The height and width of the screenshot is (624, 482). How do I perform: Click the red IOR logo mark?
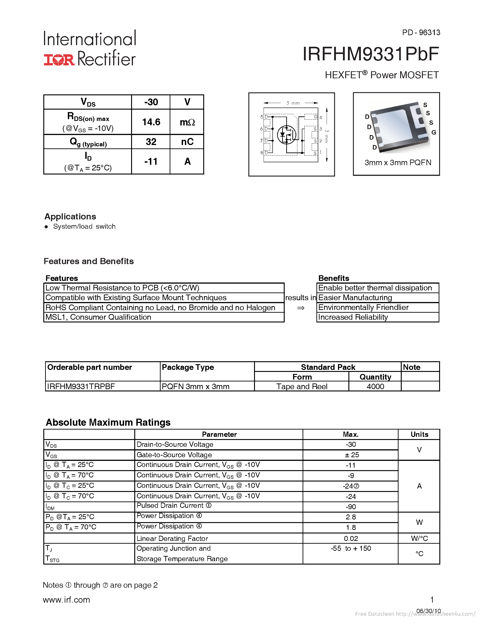(x=59, y=59)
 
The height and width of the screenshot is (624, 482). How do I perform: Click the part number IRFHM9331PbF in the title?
(x=370, y=54)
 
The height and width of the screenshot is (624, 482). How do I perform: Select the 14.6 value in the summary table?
(x=151, y=122)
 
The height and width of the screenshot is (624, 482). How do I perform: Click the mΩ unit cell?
(x=187, y=122)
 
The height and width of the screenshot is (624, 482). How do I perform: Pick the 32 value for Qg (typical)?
(x=151, y=142)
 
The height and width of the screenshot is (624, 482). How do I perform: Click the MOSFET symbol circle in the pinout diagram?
(x=286, y=135)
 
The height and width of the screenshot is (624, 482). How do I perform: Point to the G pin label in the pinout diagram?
(x=316, y=117)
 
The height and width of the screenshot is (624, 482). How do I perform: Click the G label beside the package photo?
(x=433, y=132)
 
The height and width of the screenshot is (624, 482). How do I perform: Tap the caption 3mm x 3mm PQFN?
(x=397, y=162)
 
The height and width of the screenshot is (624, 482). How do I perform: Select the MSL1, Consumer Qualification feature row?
(x=98, y=317)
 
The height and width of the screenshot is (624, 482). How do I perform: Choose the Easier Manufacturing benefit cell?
(x=355, y=298)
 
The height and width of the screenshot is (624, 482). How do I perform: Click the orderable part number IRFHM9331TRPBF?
(x=81, y=387)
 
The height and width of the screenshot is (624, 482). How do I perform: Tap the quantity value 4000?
(x=375, y=387)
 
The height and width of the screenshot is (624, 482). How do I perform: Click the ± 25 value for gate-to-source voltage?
(x=351, y=455)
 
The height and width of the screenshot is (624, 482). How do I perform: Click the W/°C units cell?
(x=419, y=539)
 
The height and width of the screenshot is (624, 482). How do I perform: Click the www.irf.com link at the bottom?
(x=66, y=600)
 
